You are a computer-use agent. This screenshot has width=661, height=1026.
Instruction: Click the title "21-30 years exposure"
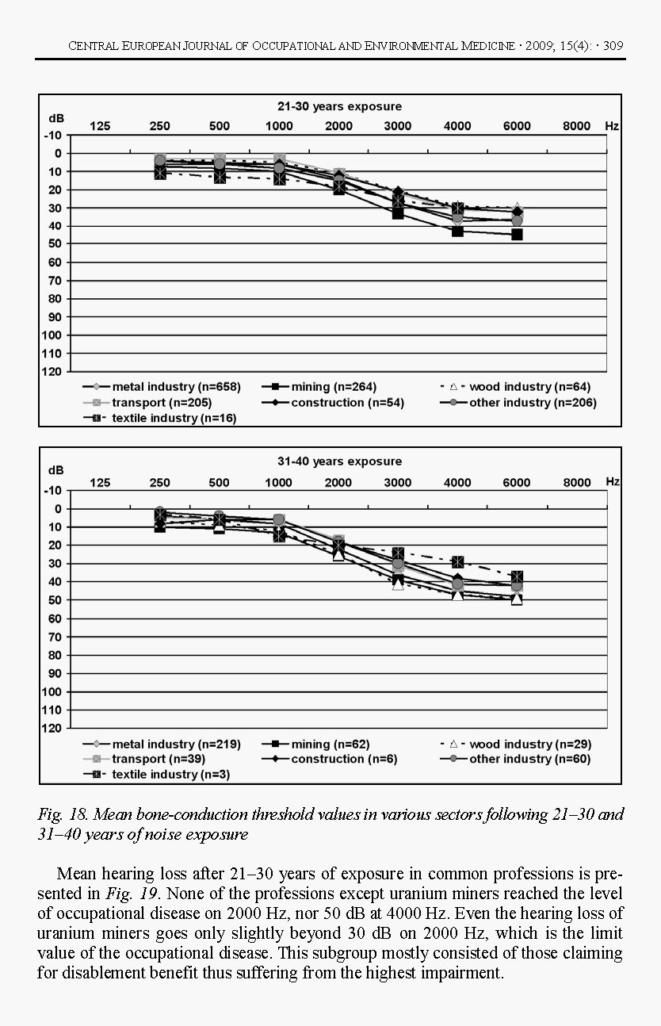[x=339, y=106]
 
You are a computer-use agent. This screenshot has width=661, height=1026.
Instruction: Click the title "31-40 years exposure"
[x=339, y=461]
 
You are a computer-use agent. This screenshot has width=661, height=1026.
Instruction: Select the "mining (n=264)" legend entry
[x=333, y=387]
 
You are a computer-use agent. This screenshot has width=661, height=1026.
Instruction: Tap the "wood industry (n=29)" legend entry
[x=529, y=745]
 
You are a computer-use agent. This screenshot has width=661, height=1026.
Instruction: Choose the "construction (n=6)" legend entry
[x=344, y=759]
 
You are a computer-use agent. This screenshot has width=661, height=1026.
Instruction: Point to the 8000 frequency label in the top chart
[x=577, y=126]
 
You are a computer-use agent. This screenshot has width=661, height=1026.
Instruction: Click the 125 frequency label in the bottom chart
[x=100, y=482]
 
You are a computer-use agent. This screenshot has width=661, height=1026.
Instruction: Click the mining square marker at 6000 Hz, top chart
[x=517, y=235]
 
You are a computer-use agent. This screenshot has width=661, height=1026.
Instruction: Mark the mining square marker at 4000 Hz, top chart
[x=457, y=231]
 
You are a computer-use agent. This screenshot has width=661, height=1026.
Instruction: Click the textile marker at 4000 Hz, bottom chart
[x=457, y=562]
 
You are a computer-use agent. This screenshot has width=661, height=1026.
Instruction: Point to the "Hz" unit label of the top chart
[x=612, y=126]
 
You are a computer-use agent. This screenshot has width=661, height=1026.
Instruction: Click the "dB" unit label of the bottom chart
[x=55, y=469]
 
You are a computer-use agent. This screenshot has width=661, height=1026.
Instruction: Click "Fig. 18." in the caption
[x=60, y=815]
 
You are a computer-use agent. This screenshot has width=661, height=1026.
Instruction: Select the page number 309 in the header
[x=613, y=46]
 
